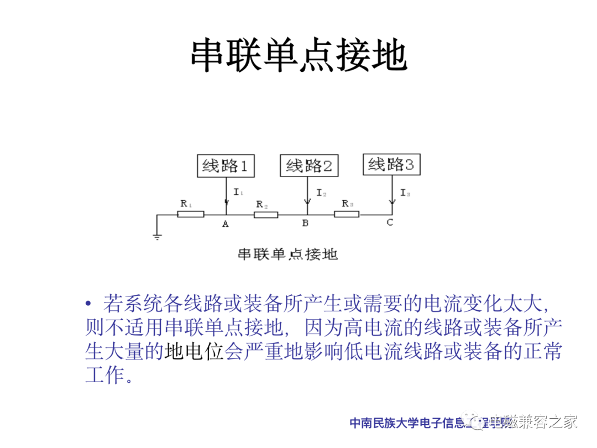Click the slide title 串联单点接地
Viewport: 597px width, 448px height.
(x=298, y=56)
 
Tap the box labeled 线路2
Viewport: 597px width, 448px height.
(x=310, y=165)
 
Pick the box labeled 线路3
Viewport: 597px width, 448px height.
(x=391, y=164)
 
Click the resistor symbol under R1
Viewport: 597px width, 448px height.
(x=191, y=214)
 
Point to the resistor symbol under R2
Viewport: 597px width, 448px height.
(x=266, y=214)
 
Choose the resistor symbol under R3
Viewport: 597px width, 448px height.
(x=347, y=214)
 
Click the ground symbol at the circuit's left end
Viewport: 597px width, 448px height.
(x=158, y=237)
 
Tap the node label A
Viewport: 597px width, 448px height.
(x=225, y=224)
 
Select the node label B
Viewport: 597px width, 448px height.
(x=305, y=224)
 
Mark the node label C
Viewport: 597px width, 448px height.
(x=390, y=223)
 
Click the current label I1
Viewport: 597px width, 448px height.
(x=238, y=192)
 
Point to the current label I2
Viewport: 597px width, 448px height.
(x=321, y=193)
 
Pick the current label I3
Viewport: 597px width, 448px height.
(x=405, y=193)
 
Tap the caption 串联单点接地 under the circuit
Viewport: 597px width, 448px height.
(x=287, y=254)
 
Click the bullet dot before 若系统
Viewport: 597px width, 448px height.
(x=88, y=304)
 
